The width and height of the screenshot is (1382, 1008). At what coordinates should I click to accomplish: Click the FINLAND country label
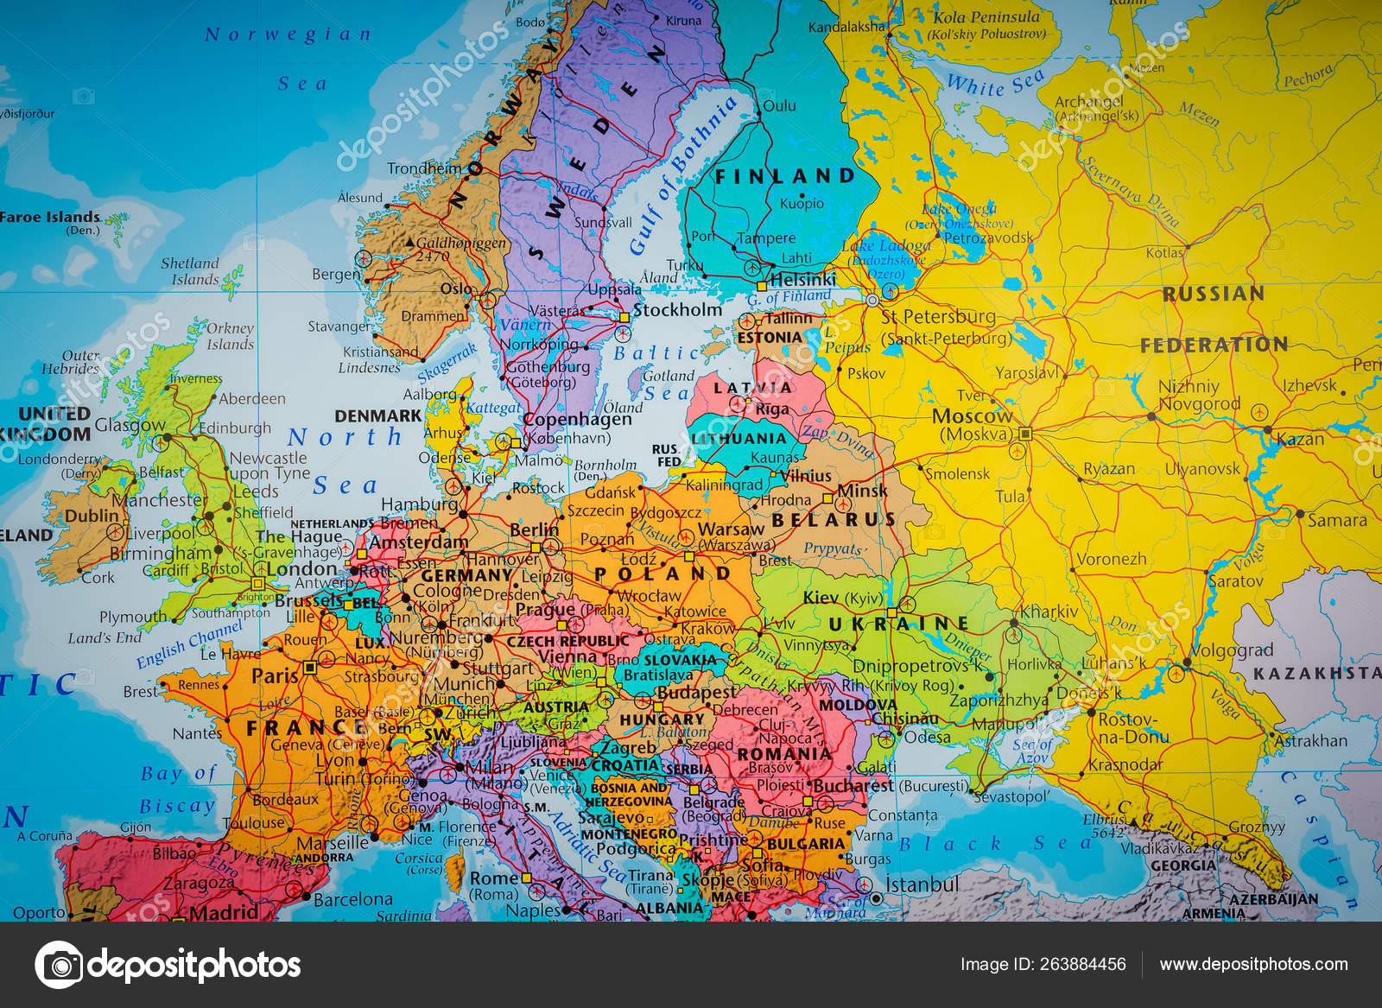(x=784, y=176)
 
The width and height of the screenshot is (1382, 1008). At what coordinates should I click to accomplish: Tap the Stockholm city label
(x=677, y=310)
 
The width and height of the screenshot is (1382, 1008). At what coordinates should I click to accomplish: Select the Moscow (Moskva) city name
(x=972, y=424)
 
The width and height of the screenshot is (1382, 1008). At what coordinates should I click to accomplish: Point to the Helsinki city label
(x=802, y=280)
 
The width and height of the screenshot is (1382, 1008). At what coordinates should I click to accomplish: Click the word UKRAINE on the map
(x=898, y=624)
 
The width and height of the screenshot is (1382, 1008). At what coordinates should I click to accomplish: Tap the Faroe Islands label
(x=50, y=218)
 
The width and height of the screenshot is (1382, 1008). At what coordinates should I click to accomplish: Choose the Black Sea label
(x=993, y=844)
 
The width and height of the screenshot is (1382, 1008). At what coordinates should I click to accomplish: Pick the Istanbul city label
(x=922, y=884)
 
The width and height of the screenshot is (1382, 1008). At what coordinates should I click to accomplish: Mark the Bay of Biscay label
(x=178, y=789)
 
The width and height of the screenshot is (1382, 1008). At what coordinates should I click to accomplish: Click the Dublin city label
(x=92, y=516)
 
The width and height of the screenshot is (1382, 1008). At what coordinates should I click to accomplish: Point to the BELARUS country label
(x=834, y=520)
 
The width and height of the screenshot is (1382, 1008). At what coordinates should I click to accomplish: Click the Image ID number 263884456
(x=1043, y=965)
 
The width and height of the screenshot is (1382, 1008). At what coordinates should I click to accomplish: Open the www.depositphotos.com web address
(x=1253, y=965)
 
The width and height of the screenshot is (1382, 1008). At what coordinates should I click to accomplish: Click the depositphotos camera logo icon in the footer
(x=59, y=965)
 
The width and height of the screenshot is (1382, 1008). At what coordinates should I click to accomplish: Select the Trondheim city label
(x=424, y=168)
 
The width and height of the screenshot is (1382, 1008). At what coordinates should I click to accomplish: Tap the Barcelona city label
(x=352, y=899)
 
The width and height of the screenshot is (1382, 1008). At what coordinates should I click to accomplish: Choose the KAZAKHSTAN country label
(x=1316, y=673)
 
